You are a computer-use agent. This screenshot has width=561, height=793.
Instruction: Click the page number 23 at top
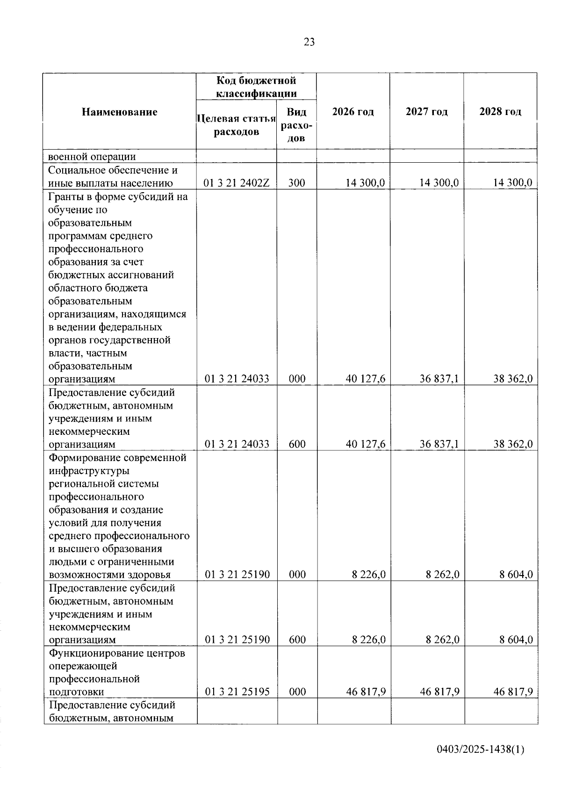pyautogui.click(x=309, y=43)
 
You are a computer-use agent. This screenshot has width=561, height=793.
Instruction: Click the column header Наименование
pyautogui.click(x=120, y=112)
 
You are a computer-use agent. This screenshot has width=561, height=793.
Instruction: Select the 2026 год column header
pyautogui.click(x=353, y=112)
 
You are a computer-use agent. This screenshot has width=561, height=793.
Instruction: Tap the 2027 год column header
pyautogui.click(x=426, y=112)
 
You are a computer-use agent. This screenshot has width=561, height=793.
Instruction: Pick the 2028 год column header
pyautogui.click(x=500, y=112)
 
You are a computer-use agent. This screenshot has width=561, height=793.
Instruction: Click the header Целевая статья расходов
pyautogui.click(x=237, y=125)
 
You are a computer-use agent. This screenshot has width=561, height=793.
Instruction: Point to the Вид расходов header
pyautogui.click(x=296, y=125)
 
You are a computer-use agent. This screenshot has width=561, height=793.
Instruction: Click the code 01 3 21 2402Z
pyautogui.click(x=237, y=183)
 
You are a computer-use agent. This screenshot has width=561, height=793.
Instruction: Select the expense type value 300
pyautogui.click(x=296, y=183)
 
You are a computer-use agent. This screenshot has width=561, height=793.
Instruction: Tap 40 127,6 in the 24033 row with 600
pyautogui.click(x=366, y=444)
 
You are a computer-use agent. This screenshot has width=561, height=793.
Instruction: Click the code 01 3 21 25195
pyautogui.click(x=237, y=692)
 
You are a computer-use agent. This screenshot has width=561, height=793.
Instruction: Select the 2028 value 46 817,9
pyautogui.click(x=513, y=692)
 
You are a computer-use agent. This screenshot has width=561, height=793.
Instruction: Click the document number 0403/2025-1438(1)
pyautogui.click(x=480, y=750)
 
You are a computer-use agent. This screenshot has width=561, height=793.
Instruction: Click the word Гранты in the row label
pyautogui.click(x=64, y=196)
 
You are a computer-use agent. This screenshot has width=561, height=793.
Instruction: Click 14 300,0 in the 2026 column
pyautogui.click(x=365, y=183)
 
